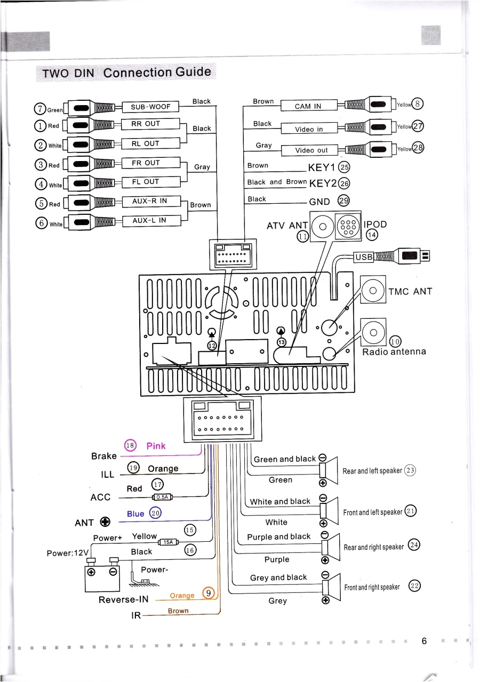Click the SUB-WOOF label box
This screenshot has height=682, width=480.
pos(151,107)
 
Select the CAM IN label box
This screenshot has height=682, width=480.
pos(309,106)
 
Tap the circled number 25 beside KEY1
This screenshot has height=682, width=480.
pos(344,166)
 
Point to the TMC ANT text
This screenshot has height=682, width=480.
pos(410,291)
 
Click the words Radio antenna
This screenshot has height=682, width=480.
pos(394,352)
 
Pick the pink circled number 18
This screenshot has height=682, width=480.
pos(130,446)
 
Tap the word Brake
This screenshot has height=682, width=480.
pos(104,456)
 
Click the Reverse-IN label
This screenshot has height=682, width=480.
pos(124,599)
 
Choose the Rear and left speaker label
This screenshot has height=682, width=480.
pos(372,471)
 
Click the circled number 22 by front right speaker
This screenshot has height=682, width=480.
pos(414,586)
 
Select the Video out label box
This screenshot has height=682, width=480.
pos(312,150)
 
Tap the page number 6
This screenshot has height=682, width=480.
pos(424,641)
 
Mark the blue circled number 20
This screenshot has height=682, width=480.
pos(155,513)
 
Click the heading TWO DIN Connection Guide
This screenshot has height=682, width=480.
pos(126,73)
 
